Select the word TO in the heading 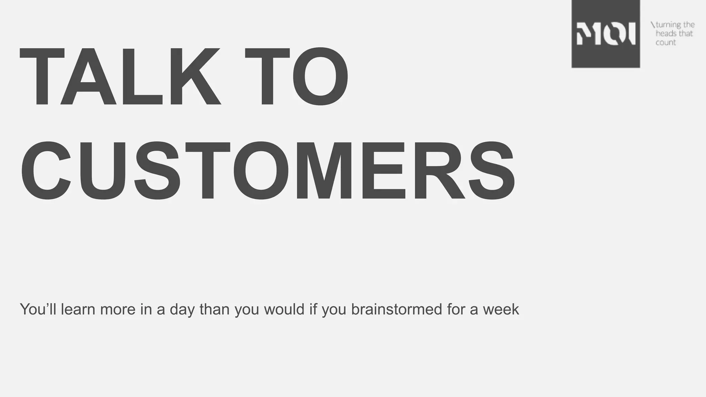[296, 77]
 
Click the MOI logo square [605, 34]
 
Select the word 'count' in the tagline [666, 42]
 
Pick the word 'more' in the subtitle [117, 309]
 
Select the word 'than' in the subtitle [214, 309]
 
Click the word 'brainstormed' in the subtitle [396, 309]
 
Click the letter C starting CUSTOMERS [46, 171]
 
